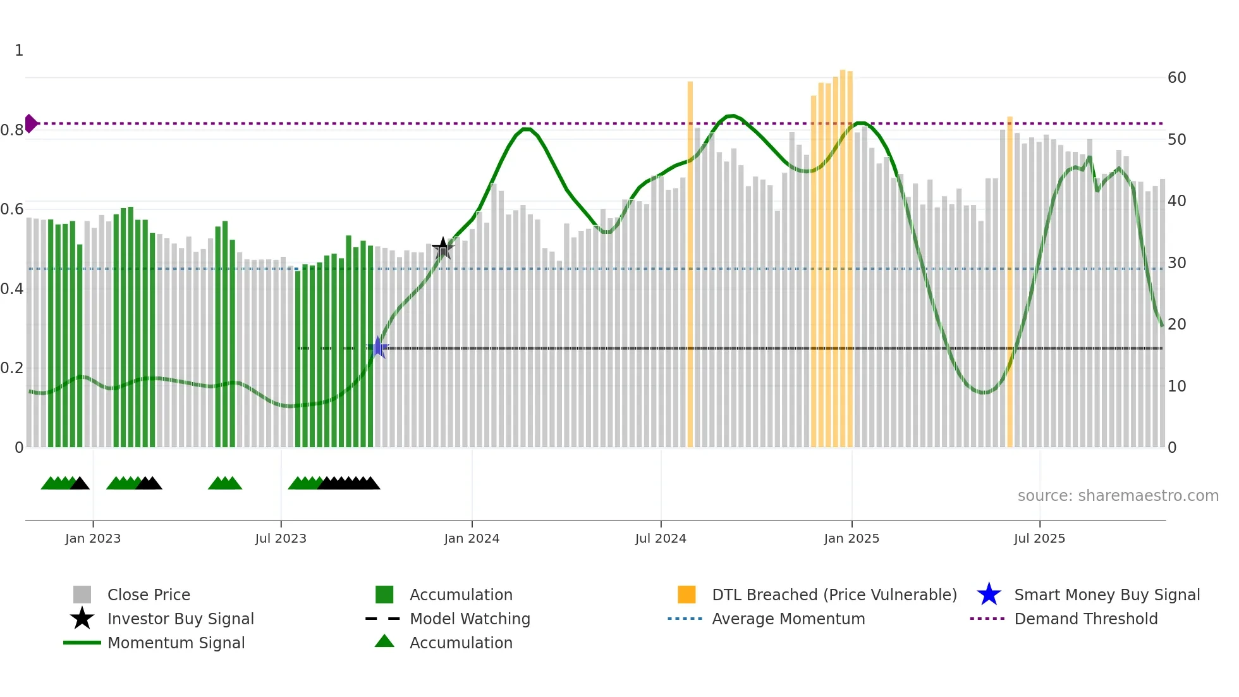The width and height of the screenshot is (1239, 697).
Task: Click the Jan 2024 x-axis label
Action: click(472, 538)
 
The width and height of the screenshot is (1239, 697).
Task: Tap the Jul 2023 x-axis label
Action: click(281, 538)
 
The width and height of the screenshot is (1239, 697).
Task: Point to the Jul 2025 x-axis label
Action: click(1039, 538)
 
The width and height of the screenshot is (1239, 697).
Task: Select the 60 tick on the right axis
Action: click(1176, 78)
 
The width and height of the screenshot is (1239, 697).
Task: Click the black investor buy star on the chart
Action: click(443, 248)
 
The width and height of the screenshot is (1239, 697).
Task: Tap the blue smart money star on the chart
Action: click(378, 347)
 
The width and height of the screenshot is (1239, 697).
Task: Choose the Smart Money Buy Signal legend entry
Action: click(1106, 595)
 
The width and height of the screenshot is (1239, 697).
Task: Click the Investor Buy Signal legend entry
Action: click(180, 619)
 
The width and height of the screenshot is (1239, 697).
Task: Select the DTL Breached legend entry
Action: click(834, 595)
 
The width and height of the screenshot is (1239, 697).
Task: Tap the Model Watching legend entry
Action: click(469, 619)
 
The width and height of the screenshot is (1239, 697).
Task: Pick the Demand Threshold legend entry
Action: click(1085, 619)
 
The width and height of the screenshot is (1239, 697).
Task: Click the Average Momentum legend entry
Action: click(788, 619)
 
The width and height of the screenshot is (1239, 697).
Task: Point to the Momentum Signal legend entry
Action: click(176, 643)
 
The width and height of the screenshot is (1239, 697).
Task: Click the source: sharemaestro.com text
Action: click(1118, 496)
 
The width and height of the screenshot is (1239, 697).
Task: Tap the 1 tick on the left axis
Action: click(19, 51)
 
